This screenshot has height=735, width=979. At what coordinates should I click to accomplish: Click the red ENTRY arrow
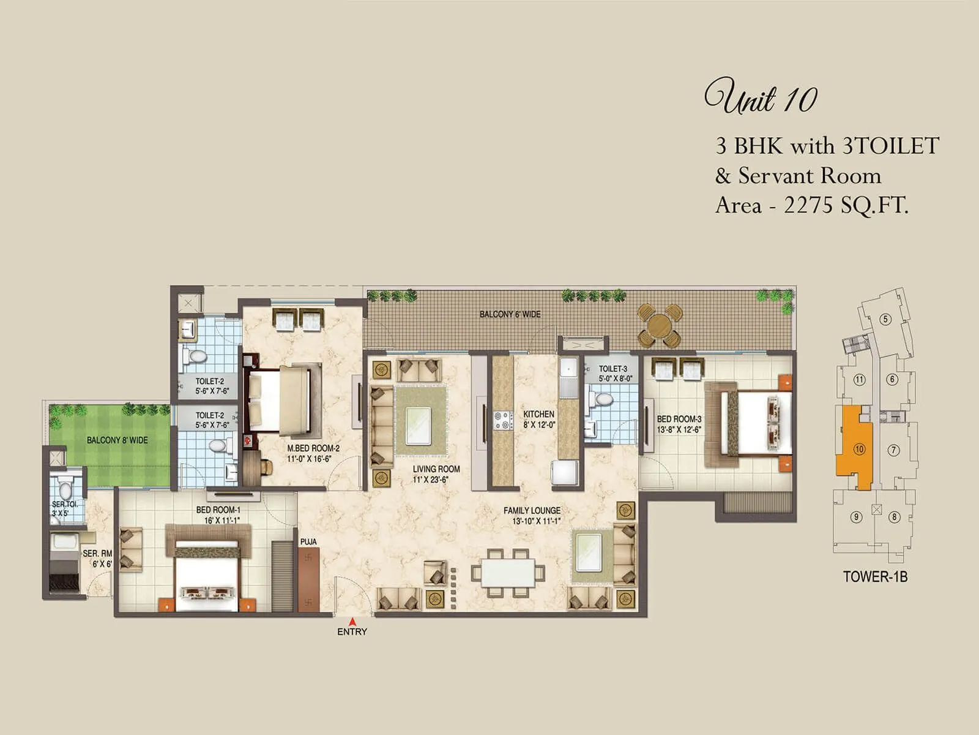[x=352, y=621]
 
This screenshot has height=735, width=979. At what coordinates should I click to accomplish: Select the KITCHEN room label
[x=538, y=415]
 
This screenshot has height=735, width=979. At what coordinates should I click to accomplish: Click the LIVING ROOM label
[x=436, y=469]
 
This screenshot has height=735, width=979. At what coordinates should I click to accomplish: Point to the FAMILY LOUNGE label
[x=532, y=511]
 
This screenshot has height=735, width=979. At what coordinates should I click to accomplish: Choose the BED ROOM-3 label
[x=679, y=420]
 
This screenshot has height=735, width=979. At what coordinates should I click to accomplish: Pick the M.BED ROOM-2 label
[x=313, y=448]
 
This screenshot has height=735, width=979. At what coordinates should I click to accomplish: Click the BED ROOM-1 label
[x=218, y=510]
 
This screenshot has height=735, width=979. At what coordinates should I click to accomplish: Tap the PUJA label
[x=308, y=541]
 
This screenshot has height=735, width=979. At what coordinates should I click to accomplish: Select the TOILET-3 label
[x=612, y=369]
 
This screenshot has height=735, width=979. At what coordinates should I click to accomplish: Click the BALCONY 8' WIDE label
[x=117, y=440]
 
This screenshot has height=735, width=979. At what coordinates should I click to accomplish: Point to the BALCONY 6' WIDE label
[x=510, y=314]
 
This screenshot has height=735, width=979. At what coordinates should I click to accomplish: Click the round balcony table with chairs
[x=660, y=325]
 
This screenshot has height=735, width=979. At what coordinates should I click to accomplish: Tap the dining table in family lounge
[x=508, y=573]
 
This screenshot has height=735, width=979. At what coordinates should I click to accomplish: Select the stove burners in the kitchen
[x=503, y=420]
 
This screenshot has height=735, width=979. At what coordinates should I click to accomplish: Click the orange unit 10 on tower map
[x=854, y=447]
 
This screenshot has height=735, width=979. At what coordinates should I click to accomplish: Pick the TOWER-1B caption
[x=875, y=576]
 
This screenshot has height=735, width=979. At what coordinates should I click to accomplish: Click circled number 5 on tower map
[x=885, y=319]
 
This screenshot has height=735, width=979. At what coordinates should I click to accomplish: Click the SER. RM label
[x=97, y=554]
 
